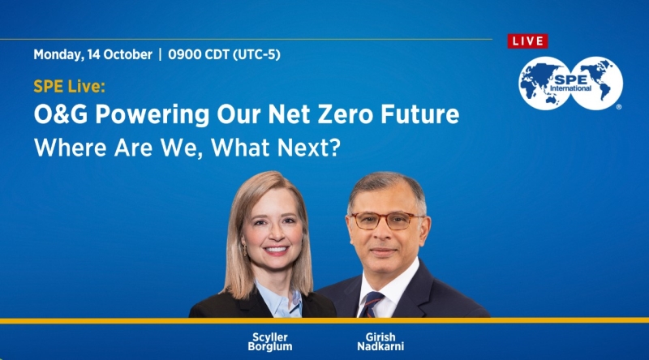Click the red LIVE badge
pyautogui.click(x=527, y=41)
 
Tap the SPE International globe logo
pyautogui.click(x=570, y=84)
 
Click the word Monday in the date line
pyautogui.click(x=58, y=55)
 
